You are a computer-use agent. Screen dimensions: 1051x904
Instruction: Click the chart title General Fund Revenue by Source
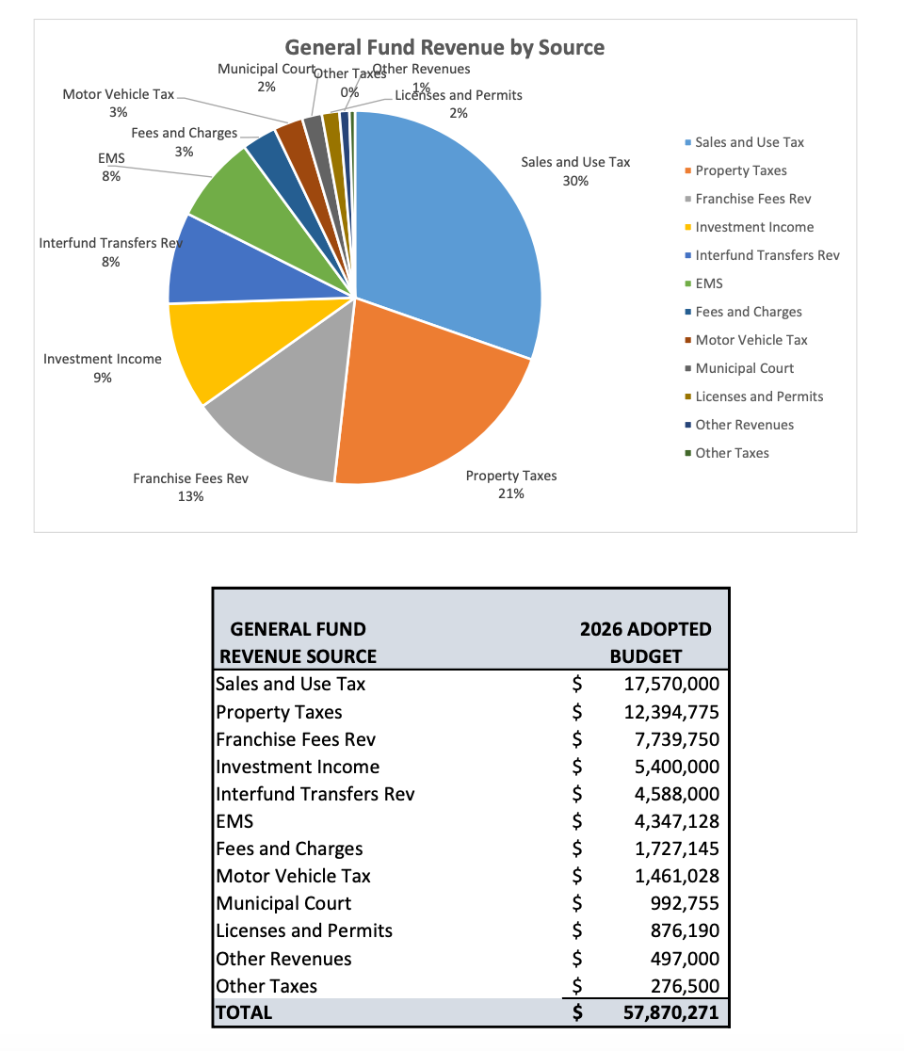point(444,47)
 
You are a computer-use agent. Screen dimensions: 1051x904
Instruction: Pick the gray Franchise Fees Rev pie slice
point(282,414)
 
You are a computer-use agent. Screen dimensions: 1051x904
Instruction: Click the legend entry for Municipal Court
point(744,368)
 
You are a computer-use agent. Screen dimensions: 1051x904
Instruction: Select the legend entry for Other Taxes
point(732,453)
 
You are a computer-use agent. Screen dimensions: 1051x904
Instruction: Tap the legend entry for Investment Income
point(754,227)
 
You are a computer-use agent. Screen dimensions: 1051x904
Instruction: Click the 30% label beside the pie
point(575,181)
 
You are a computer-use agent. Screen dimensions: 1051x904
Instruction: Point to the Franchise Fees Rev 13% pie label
point(190,488)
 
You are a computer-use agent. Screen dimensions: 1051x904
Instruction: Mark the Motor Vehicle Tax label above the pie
point(119,95)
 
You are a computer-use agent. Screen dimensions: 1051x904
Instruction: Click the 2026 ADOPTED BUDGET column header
point(645,642)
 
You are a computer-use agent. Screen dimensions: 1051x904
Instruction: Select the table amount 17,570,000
point(671,685)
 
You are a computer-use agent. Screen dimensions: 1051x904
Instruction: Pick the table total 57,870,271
point(671,1013)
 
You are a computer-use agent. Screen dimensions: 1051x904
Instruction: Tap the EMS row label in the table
point(234,821)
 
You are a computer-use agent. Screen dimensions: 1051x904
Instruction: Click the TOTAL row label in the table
point(244,1013)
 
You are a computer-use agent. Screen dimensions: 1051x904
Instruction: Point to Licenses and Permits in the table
point(304,931)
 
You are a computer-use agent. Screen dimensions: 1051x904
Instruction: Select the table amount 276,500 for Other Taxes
point(684,986)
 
